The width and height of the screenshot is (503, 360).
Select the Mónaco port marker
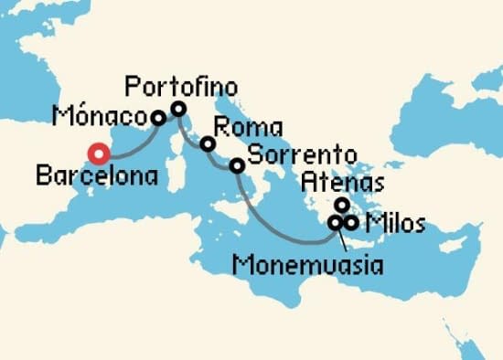158,118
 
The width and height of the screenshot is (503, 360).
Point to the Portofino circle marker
178,109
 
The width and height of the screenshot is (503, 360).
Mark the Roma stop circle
208,144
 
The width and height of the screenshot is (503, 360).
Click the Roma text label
247,128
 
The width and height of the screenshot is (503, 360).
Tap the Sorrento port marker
236,165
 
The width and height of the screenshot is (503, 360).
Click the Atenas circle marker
341,205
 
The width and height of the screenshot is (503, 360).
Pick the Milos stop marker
350,222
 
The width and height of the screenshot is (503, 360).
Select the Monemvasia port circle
335,222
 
